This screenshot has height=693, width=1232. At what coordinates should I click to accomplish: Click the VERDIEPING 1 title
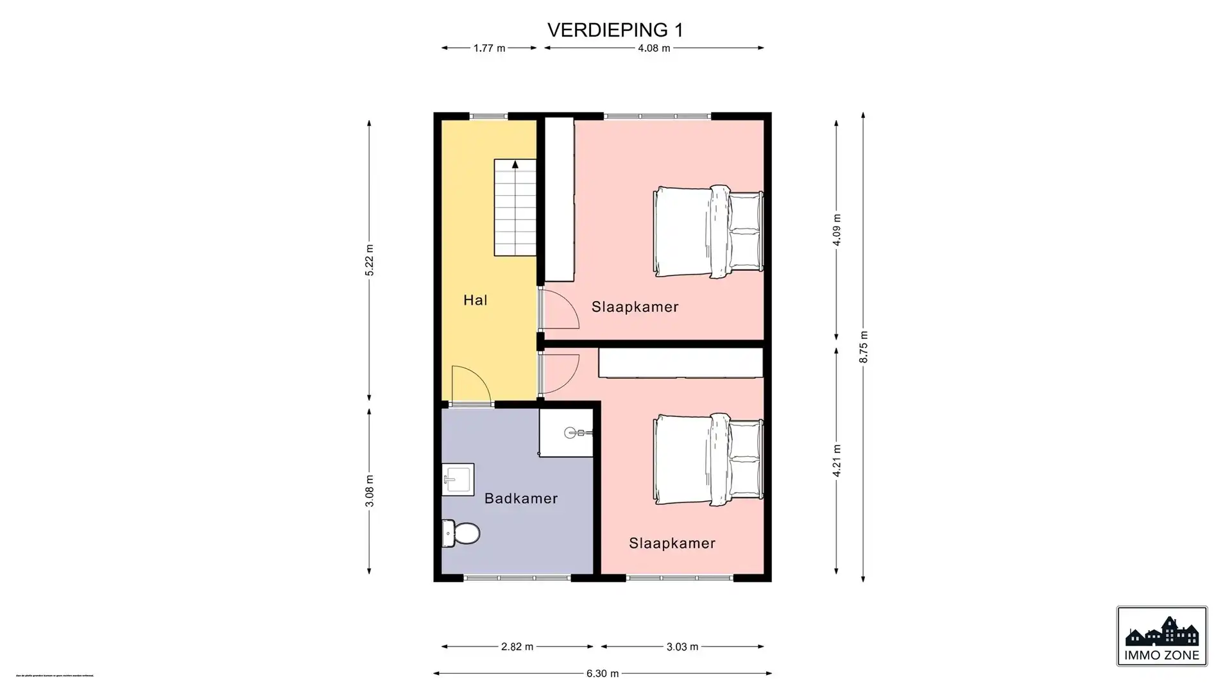pos(615,30)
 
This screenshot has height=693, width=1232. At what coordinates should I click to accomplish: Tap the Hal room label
pos(475,300)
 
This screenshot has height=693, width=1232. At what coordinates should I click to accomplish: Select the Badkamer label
pos(521,499)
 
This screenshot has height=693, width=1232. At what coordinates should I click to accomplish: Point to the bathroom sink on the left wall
pos(458,479)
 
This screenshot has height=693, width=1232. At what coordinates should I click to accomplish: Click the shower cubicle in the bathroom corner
pos(566,432)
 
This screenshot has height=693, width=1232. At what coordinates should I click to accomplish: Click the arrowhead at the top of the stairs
pos(515,165)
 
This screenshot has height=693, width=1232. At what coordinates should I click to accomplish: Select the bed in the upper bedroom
pos(708,232)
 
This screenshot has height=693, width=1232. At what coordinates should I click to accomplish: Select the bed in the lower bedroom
pos(708,459)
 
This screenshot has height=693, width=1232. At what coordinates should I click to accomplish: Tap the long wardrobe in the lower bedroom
pos(680,363)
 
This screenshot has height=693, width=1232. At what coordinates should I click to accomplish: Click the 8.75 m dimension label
pos(864,347)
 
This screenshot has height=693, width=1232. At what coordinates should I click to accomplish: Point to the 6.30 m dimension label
pos(603,674)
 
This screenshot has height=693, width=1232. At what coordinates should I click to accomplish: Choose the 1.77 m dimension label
pos(489,48)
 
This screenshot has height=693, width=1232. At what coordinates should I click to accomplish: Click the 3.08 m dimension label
pos(370,491)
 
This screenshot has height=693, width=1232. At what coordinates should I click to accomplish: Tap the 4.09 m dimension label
pos(837,230)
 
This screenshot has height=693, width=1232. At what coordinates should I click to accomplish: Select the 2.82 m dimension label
pos(517,647)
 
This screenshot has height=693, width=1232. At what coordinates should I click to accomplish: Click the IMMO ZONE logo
pos(1161,636)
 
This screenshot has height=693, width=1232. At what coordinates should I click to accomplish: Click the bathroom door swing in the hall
pos(470,386)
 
